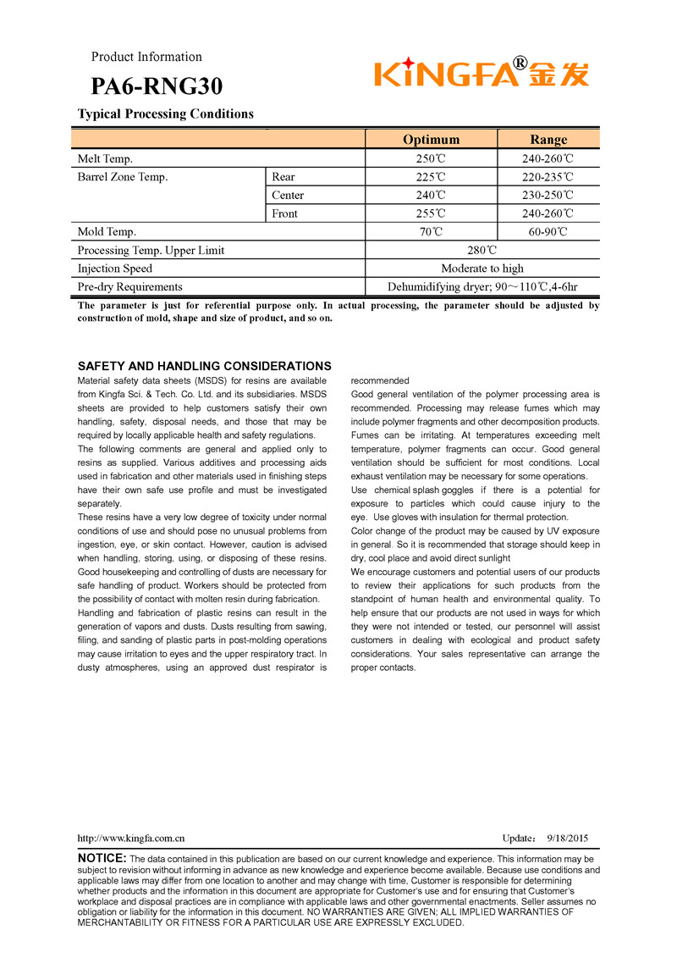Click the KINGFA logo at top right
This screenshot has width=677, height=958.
(482, 74)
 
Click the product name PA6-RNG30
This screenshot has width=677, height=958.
(157, 86)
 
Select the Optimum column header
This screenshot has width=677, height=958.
(431, 140)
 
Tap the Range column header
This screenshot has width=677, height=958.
(548, 140)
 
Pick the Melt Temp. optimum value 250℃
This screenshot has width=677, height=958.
(431, 159)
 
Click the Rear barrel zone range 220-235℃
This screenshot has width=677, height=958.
(548, 177)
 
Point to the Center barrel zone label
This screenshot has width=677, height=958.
(288, 196)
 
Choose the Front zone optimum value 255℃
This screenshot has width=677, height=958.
(431, 214)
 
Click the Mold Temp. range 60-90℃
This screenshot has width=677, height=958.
(548, 232)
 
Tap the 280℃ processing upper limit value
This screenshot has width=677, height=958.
(482, 251)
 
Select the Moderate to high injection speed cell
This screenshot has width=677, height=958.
(482, 269)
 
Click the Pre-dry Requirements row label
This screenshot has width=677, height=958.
(129, 287)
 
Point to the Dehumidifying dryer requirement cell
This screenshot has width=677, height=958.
(482, 287)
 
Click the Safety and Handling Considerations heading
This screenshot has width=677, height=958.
(204, 367)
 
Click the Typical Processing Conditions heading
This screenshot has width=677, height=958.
(166, 114)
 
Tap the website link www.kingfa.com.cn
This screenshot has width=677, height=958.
(131, 839)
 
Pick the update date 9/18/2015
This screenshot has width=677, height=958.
(567, 839)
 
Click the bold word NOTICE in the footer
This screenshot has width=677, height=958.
(102, 859)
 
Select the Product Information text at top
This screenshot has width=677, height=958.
(146, 57)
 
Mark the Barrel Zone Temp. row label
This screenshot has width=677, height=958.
(123, 177)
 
